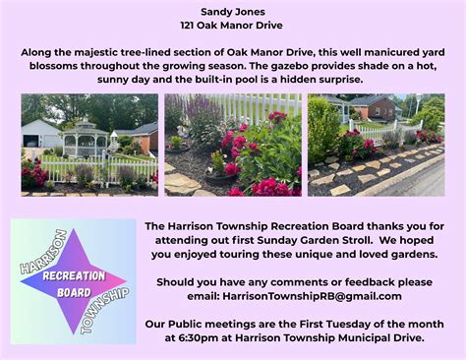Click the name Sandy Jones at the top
click(232, 11)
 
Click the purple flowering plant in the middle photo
click(202, 123)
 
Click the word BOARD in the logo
click(76, 294)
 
